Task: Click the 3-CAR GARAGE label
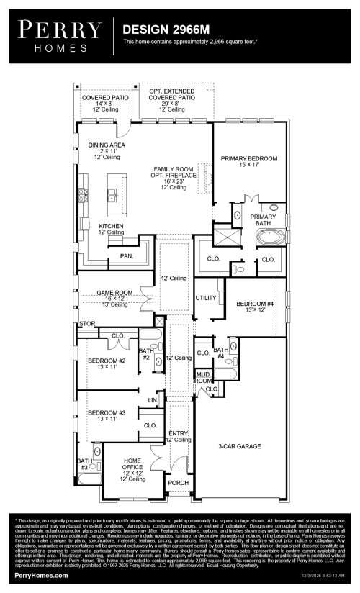coord(240,446)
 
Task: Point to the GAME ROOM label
coord(116,293)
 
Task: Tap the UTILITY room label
coord(205,297)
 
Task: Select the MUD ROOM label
coord(204,376)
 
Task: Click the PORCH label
coord(178,483)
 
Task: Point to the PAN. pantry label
coord(127,255)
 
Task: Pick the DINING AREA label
coord(107,145)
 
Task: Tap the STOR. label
coord(87,324)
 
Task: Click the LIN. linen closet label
coord(152,399)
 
